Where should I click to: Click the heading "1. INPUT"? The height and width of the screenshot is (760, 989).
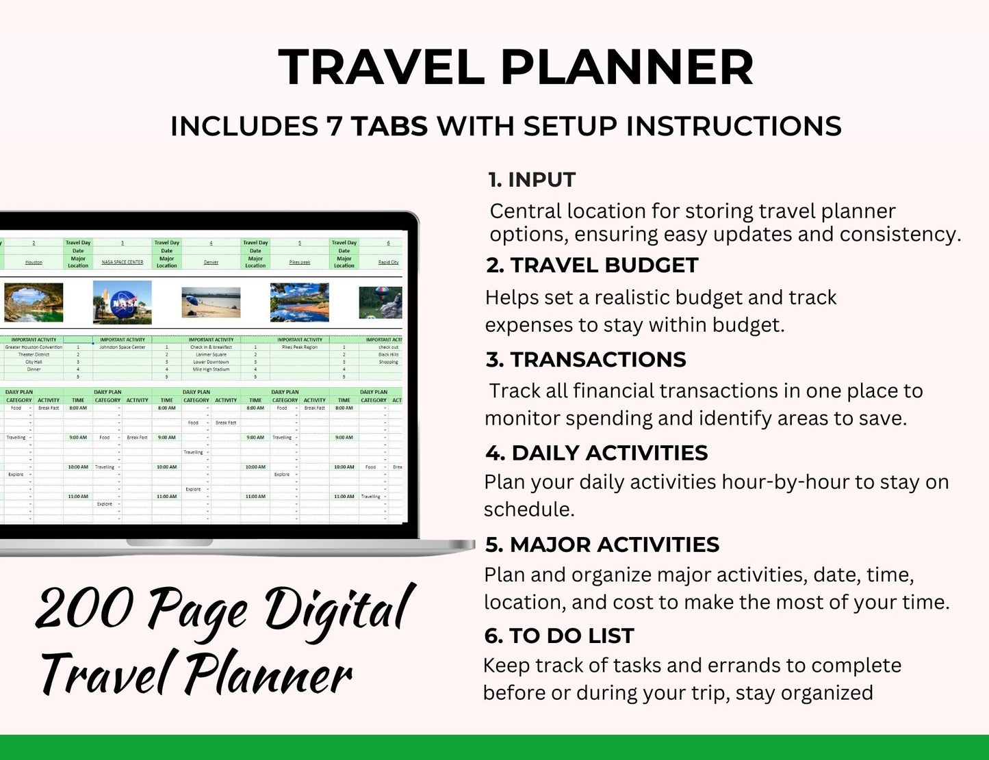532,180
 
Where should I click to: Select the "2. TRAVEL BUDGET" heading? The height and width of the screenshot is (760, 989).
592,265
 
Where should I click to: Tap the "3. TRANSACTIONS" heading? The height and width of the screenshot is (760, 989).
586,360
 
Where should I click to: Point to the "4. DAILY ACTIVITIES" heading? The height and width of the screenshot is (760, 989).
596,453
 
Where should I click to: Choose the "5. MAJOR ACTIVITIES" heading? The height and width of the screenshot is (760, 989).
602,545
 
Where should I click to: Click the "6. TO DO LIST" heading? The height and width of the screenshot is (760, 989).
558,636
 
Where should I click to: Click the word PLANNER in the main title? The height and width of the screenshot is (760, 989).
627,67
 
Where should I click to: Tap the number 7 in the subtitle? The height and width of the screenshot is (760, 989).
334,127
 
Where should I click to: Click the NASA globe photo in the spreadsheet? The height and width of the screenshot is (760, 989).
122,302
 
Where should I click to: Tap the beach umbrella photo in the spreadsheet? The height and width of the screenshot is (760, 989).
211,302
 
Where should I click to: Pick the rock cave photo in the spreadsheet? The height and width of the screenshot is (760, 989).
34,302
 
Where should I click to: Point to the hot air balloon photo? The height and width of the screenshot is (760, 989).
381,302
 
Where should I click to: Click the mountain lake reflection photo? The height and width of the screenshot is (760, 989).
300,302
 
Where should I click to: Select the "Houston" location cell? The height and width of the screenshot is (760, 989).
34,262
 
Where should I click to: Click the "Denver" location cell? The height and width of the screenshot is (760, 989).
211,262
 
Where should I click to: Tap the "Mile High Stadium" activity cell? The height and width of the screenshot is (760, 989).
211,369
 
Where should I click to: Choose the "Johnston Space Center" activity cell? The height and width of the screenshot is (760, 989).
123,347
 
